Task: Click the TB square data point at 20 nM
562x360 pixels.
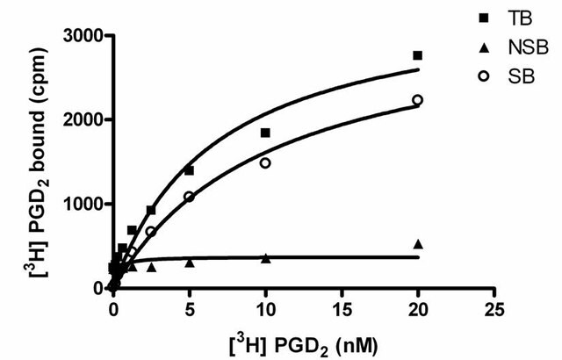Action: pos(418,55)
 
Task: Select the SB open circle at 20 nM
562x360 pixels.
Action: pos(418,100)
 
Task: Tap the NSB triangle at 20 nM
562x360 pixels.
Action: pos(418,244)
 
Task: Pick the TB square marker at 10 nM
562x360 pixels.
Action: pos(265,133)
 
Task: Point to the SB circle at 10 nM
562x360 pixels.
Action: pos(265,163)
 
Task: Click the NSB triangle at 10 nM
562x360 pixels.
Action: pos(265,258)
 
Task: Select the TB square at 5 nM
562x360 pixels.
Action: pos(190,170)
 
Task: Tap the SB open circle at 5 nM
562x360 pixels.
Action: pos(190,197)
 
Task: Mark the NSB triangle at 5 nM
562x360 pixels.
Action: pos(190,263)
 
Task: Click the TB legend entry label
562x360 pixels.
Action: pos(520,18)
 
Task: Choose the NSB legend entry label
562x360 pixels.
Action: pos(529,47)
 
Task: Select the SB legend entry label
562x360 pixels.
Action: pos(522,76)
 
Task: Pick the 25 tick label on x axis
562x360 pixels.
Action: pos(494,309)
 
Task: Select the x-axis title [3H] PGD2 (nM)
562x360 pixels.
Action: pos(303,345)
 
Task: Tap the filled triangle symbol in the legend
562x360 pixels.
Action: pos(485,47)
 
